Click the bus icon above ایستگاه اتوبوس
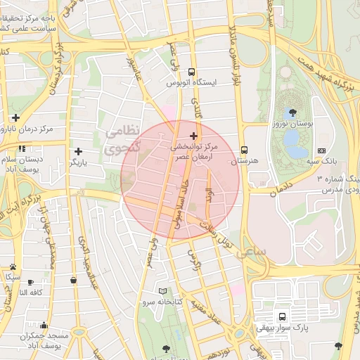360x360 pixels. pos(191,72)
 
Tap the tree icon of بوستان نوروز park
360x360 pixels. pos(292,112)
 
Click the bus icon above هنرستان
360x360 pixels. pos(245,150)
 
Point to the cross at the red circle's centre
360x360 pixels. pos(194,135)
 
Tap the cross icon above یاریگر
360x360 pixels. pos(78,151)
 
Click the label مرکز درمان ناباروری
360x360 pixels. pos(27,129)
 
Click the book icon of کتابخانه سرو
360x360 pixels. pos(163,290)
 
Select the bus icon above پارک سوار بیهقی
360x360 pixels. pos(282,316)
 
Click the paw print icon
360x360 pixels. pos(13,266)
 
